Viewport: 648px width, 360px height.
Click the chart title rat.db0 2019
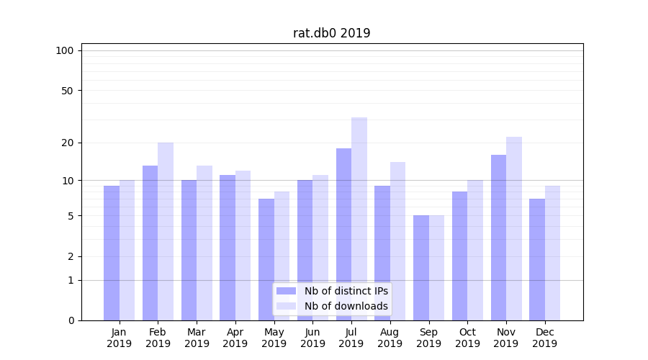pyautogui.click(x=332, y=33)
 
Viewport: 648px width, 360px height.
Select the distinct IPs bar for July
pyautogui.click(x=343, y=234)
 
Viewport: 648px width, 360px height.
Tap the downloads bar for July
pyautogui.click(x=359, y=219)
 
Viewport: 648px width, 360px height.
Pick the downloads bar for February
pyautogui.click(x=166, y=231)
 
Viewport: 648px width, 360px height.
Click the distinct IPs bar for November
pyautogui.click(x=498, y=238)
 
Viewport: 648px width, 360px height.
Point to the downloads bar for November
pyautogui.click(x=514, y=228)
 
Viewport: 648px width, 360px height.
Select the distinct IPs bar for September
pyautogui.click(x=421, y=268)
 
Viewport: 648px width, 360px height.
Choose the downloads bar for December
pyautogui.click(x=553, y=253)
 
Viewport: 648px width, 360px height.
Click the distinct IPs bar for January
pyautogui.click(x=112, y=253)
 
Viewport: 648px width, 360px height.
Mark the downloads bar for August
pyautogui.click(x=398, y=241)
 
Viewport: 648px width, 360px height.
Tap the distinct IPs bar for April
pyautogui.click(x=228, y=248)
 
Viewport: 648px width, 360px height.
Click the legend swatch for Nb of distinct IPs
pyautogui.click(x=287, y=291)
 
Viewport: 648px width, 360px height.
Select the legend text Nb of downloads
pyautogui.click(x=346, y=306)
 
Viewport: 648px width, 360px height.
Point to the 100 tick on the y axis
pyautogui.click(x=65, y=50)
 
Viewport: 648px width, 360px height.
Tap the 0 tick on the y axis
pyautogui.click(x=71, y=320)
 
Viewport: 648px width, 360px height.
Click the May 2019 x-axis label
pyautogui.click(x=274, y=338)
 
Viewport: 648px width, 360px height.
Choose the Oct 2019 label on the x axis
pyautogui.click(x=467, y=338)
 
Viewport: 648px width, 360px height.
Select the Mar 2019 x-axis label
pyautogui.click(x=197, y=338)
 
